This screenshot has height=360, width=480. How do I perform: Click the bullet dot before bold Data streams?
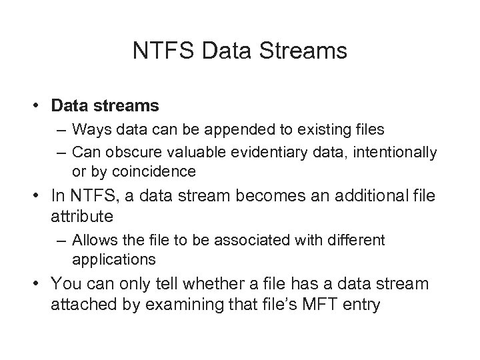click(x=41, y=106)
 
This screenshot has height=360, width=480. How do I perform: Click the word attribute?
click(x=81, y=218)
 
